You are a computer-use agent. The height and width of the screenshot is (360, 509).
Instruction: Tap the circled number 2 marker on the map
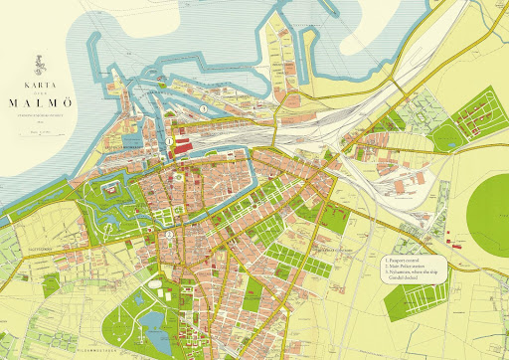(x=169, y=235)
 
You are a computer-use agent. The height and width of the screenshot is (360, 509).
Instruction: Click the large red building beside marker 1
(x=183, y=147)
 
